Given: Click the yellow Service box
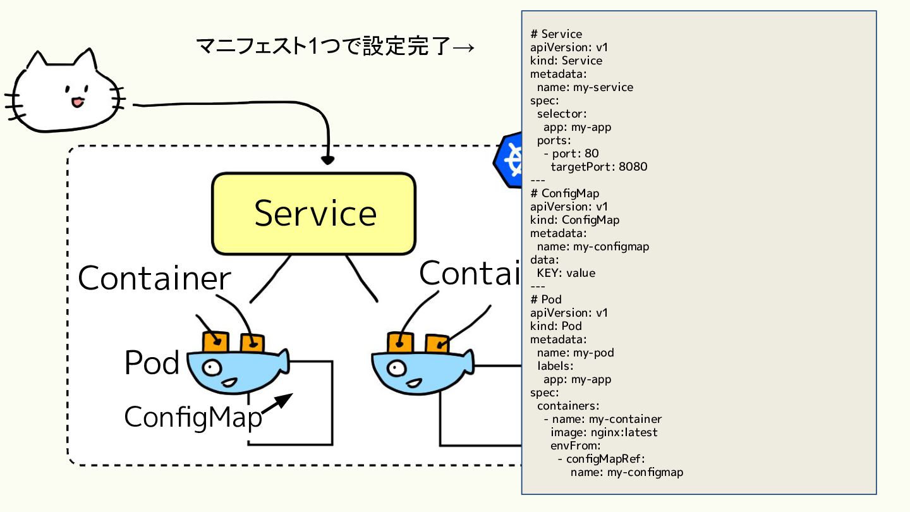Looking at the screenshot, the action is pos(313,214).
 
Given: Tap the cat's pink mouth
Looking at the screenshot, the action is pos(78,102).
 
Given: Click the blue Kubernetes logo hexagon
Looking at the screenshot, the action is pos(508,160).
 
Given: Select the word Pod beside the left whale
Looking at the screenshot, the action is pos(152,362).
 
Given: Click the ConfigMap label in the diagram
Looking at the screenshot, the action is pos(193,417).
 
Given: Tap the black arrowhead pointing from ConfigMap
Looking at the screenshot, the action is pos(284,401).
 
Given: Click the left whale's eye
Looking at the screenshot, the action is pos(212,368).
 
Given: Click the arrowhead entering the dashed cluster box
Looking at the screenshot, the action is pos(327,160).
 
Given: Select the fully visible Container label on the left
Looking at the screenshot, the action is pos(154,279).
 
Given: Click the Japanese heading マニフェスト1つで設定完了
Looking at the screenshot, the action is pos(324,46).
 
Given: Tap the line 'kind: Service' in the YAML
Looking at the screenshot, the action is pos(566,61).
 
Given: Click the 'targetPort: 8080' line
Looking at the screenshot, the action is pos(599,167).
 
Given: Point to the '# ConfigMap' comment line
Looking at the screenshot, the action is pos(565,193).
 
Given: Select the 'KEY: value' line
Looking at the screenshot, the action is pos(566,273).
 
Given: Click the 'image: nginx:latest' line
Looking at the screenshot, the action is pos(604,432).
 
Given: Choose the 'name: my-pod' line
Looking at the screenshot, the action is pos(575,353).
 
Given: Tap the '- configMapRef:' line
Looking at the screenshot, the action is pos(601,459).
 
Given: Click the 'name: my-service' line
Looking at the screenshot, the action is pos(585,87).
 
